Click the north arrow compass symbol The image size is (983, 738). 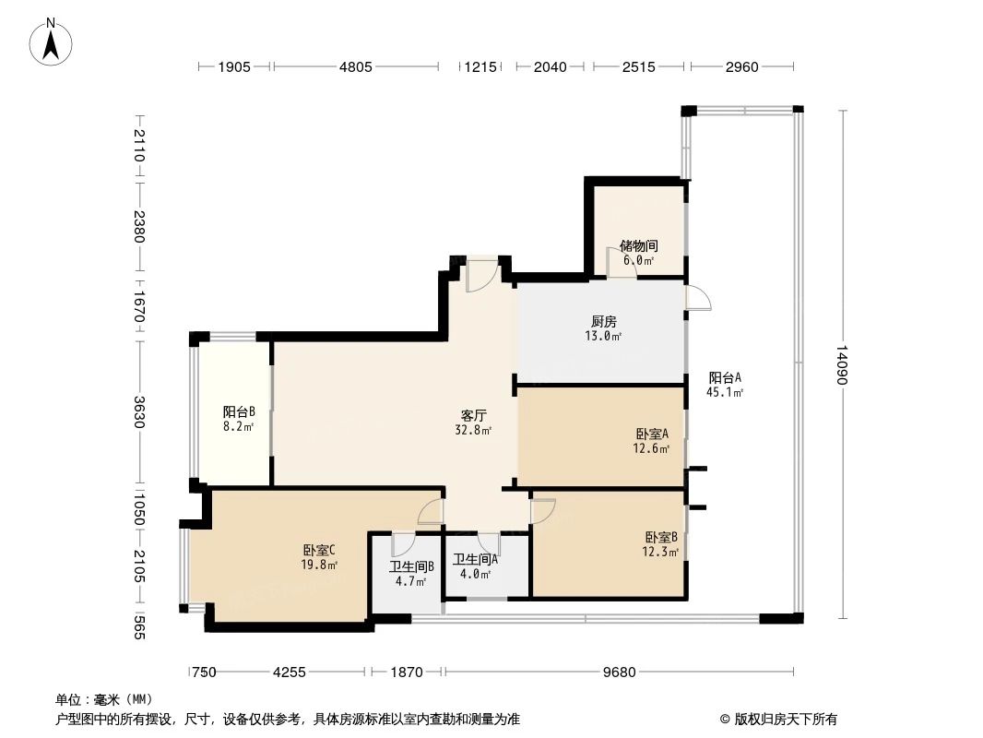[x=53, y=41]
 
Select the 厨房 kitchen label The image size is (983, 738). [x=604, y=322]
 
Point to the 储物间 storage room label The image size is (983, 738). [x=638, y=246]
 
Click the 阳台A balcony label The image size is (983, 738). [x=725, y=377]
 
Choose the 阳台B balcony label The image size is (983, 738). [x=238, y=412]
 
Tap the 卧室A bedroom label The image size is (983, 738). [x=652, y=434]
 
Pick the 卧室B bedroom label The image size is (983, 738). [x=661, y=538]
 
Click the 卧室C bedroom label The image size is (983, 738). [x=319, y=551]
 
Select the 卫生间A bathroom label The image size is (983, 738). [x=475, y=558]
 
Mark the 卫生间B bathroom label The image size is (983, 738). [x=411, y=566]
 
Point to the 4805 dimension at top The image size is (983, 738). [x=355, y=66]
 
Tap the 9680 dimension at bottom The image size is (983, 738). [x=620, y=672]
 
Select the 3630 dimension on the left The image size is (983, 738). [x=138, y=412]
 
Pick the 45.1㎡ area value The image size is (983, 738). [x=726, y=392]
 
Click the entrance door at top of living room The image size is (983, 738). [x=481, y=274]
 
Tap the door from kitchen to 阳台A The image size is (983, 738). [x=698, y=299]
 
